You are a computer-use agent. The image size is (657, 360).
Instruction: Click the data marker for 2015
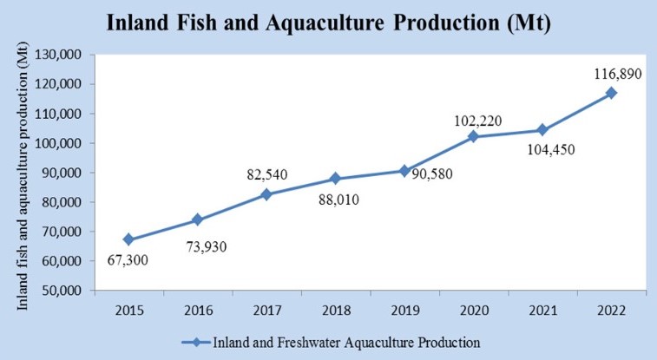[x=128, y=239]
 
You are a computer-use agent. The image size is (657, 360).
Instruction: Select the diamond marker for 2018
[x=334, y=179]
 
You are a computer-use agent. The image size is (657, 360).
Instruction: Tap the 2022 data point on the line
[x=611, y=93]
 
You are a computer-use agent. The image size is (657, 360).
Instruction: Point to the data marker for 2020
[x=473, y=136]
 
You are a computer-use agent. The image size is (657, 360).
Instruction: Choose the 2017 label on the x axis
[x=266, y=310]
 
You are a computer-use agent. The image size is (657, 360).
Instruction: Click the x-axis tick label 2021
[x=542, y=310]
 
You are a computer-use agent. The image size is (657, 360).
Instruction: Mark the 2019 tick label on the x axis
[x=404, y=310]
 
